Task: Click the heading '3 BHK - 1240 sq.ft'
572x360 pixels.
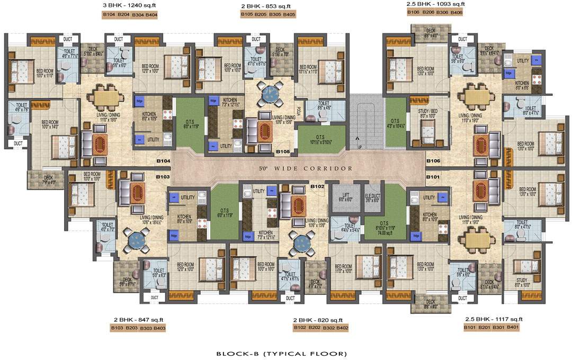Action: click(x=129, y=5)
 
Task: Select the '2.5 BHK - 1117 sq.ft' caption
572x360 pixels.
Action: click(x=494, y=319)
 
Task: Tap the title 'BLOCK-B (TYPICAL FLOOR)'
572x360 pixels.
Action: click(x=281, y=353)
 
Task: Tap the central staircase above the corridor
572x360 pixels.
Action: click(x=365, y=122)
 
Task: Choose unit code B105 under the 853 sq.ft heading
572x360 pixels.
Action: click(x=247, y=15)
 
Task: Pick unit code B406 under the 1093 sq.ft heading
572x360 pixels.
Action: click(x=456, y=12)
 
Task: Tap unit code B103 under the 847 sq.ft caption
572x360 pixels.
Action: click(x=117, y=328)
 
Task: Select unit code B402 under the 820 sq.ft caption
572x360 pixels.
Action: click(x=342, y=328)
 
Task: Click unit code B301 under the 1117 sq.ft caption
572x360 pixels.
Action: click(x=498, y=328)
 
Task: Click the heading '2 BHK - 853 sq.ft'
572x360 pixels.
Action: click(x=267, y=5)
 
